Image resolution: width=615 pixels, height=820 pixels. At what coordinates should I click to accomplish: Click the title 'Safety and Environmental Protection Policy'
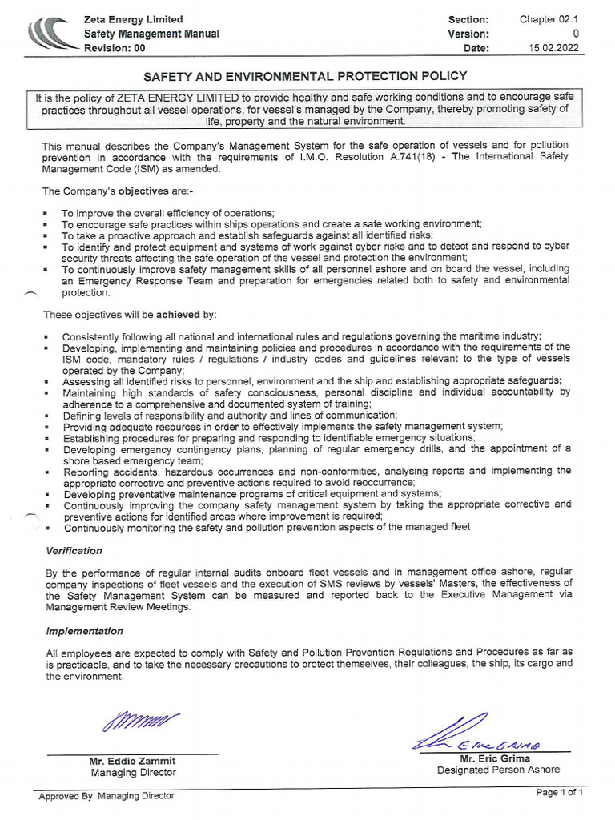pyautogui.click(x=304, y=76)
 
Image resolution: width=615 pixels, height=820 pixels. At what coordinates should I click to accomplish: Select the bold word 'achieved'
pyautogui.click(x=180, y=314)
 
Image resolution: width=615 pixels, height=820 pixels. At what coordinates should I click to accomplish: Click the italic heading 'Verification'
pyautogui.click(x=74, y=551)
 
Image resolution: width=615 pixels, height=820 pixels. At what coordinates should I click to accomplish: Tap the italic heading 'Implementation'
pyautogui.click(x=84, y=632)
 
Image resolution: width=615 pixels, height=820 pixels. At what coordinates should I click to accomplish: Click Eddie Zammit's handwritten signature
pyautogui.click(x=140, y=722)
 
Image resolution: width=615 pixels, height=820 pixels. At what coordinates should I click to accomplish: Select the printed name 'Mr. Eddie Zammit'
pyautogui.click(x=132, y=761)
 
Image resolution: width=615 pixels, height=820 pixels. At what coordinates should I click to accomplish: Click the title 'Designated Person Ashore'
pyautogui.click(x=498, y=770)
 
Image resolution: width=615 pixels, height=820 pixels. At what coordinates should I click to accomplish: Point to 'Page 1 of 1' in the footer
pyautogui.click(x=560, y=793)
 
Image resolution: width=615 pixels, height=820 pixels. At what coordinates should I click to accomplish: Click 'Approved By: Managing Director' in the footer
pyautogui.click(x=106, y=796)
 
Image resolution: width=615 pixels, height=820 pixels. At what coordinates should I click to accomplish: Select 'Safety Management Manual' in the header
pyautogui.click(x=151, y=34)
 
